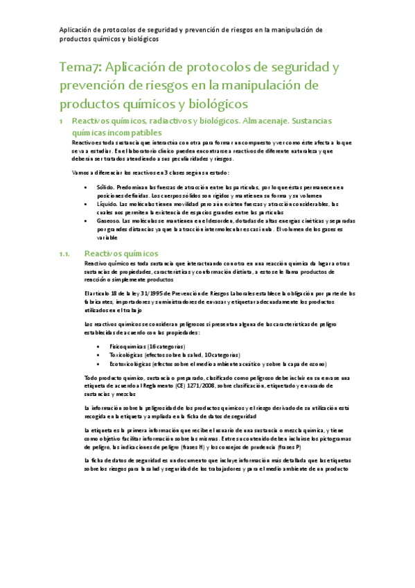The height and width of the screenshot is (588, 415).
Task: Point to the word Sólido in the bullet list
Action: [x=104, y=187]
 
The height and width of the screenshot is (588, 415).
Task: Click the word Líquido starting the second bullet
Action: [x=106, y=205]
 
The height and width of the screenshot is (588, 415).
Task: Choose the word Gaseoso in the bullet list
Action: [x=108, y=220]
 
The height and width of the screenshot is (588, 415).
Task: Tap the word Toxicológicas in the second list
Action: [x=125, y=354]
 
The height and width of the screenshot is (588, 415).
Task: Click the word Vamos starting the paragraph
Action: [x=81, y=172]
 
